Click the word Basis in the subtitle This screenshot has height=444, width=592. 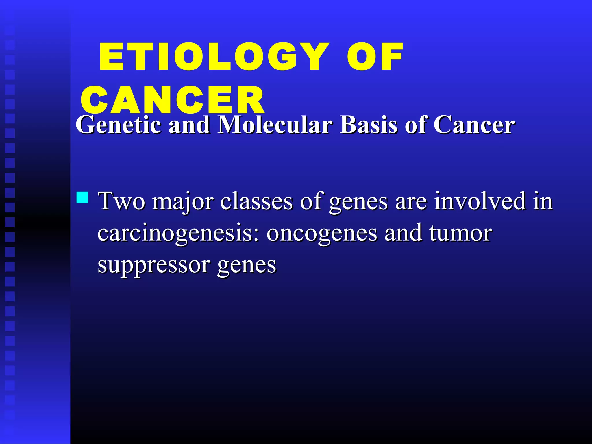tap(369, 125)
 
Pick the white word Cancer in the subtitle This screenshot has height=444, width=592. tap(474, 125)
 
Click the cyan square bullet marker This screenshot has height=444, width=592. tap(82, 197)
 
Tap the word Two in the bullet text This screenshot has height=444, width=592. tap(121, 201)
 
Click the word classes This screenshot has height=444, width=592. tap(256, 201)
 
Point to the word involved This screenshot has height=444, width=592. tap(480, 201)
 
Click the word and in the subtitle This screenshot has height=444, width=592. tap(189, 125)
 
